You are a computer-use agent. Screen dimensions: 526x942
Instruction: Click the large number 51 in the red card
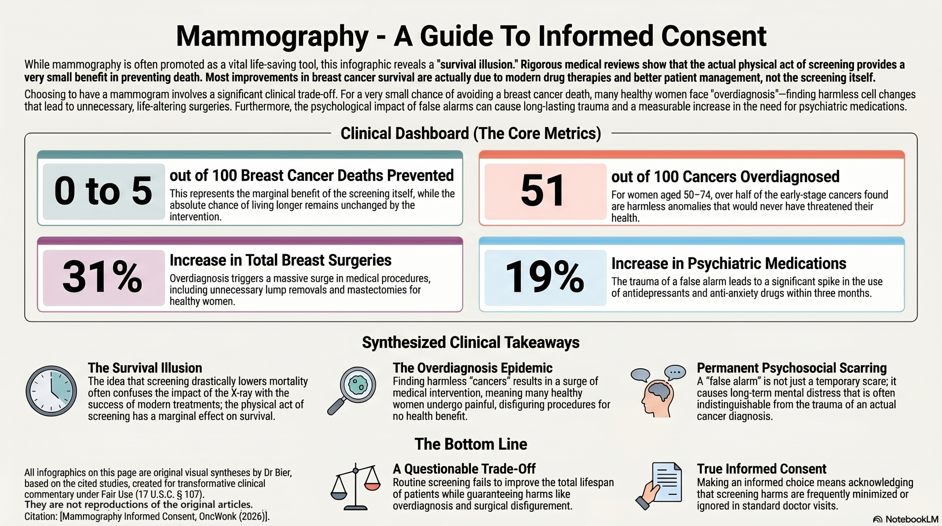click(x=542, y=191)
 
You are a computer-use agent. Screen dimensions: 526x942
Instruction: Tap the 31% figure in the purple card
click(x=102, y=277)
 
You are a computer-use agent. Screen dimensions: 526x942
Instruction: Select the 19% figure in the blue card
click(x=545, y=277)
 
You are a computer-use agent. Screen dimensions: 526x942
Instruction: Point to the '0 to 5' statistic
click(x=103, y=191)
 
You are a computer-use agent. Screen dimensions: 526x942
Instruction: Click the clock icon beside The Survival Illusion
click(x=51, y=391)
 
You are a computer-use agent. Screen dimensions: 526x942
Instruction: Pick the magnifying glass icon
click(x=352, y=390)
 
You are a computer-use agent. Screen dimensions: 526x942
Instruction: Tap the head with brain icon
click(x=658, y=392)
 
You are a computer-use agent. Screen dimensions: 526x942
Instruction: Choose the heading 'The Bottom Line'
click(x=471, y=444)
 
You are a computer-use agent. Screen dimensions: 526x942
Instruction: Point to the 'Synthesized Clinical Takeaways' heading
click(x=471, y=342)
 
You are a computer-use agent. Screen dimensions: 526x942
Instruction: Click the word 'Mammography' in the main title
click(x=272, y=36)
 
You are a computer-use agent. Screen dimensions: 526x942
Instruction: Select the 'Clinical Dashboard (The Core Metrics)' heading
click(x=471, y=133)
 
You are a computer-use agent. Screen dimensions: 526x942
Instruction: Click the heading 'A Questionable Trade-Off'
click(x=464, y=469)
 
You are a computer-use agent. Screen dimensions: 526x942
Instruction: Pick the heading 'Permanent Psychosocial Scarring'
click(x=792, y=368)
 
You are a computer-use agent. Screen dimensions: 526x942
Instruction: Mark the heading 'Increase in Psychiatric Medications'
click(x=729, y=264)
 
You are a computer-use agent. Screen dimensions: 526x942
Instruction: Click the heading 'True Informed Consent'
click(x=761, y=469)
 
